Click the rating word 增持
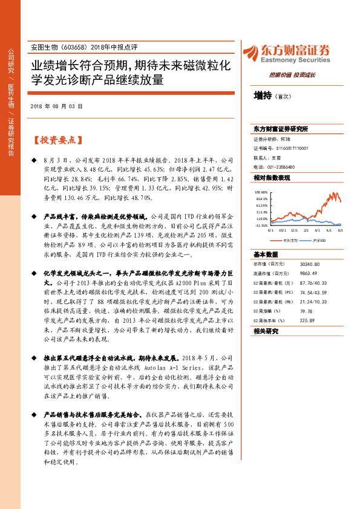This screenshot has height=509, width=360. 262,96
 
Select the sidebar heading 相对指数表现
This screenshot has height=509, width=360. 272,178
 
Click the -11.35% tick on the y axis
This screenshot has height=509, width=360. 261,225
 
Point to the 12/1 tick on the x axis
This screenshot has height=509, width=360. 294,230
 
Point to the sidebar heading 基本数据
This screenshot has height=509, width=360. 266,254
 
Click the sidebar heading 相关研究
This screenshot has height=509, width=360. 266,331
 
